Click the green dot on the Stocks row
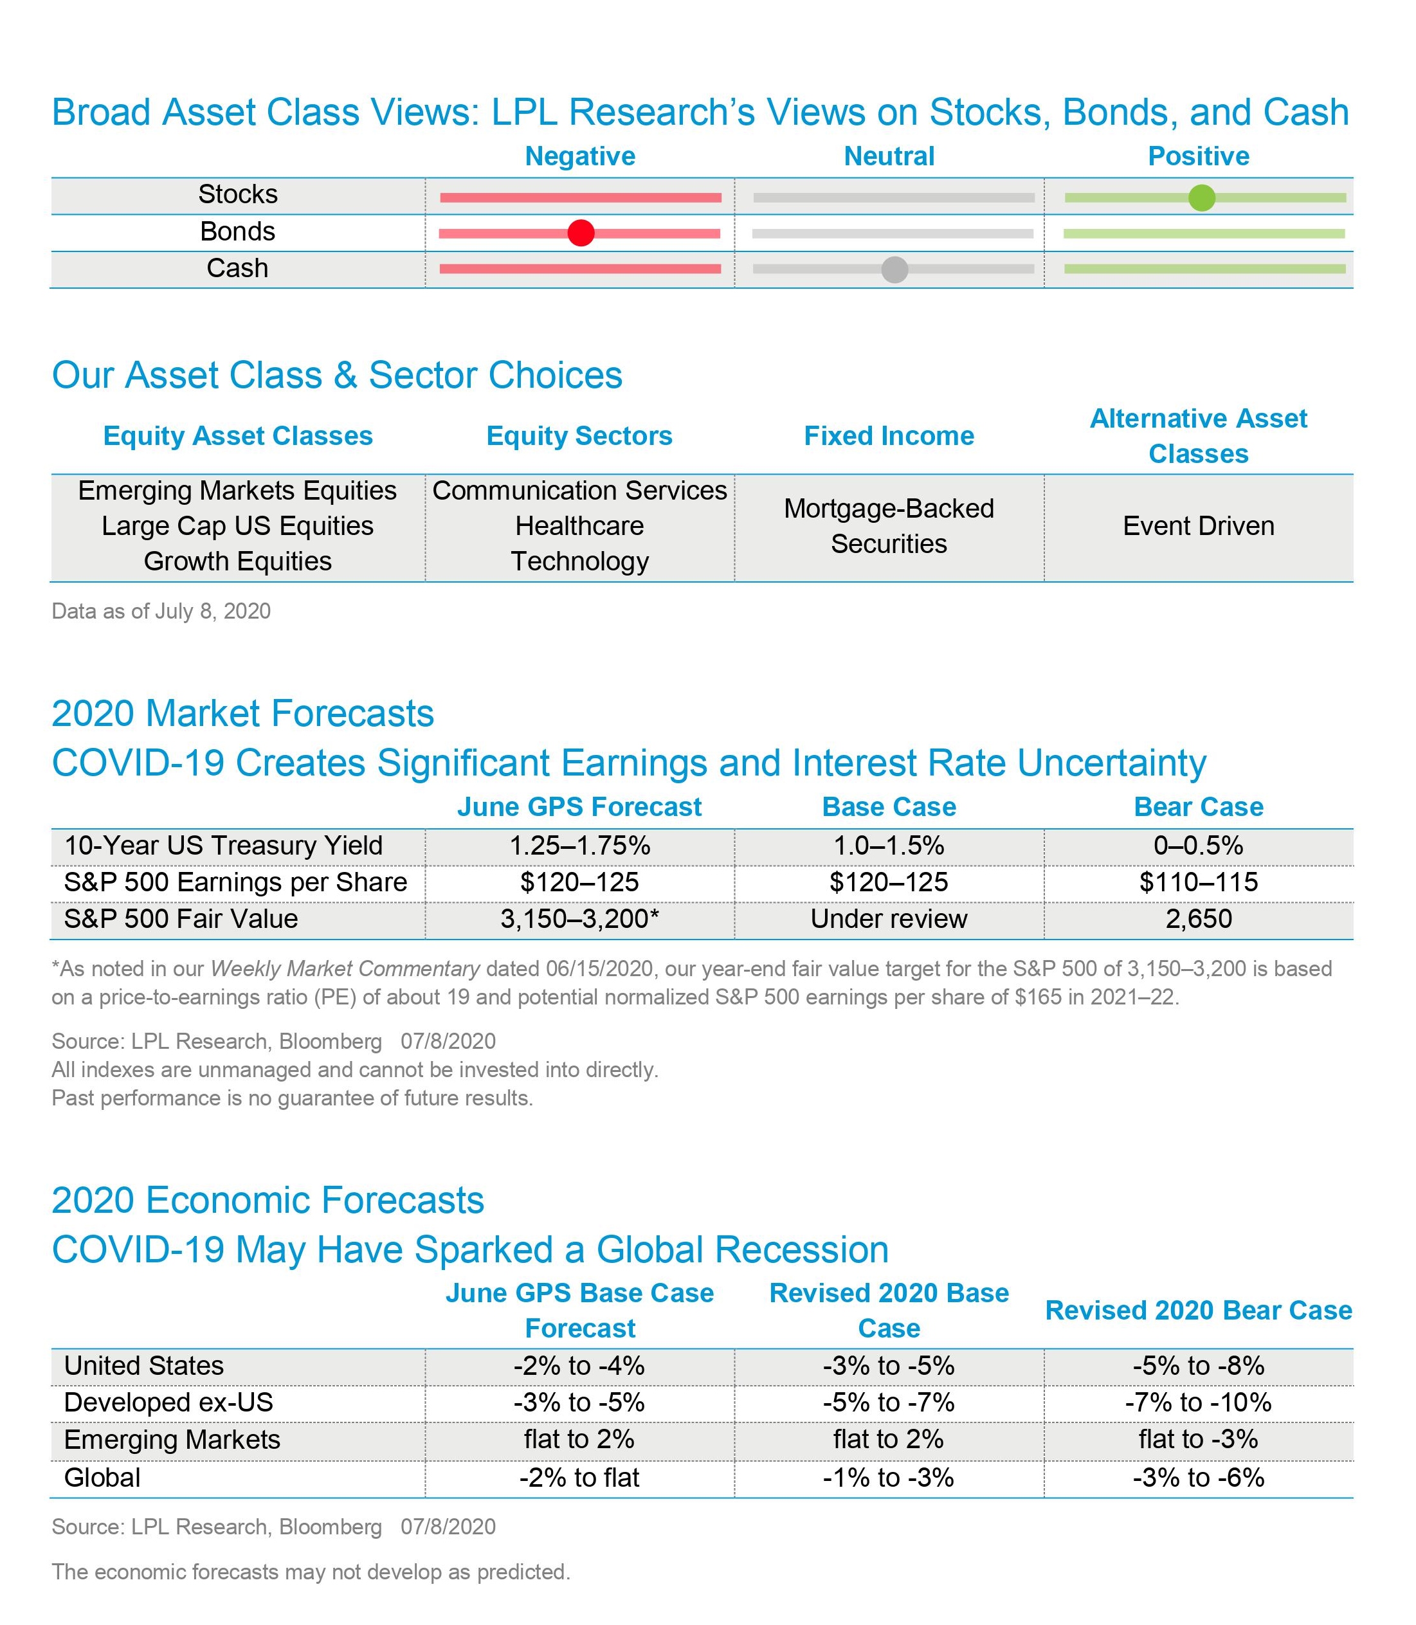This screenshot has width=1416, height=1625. click(1201, 197)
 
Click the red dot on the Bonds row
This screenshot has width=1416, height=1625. click(581, 233)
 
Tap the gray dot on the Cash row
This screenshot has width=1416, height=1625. click(894, 269)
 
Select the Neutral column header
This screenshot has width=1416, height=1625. click(889, 156)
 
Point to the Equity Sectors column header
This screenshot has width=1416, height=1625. click(579, 436)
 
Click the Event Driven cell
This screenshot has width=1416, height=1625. click(1198, 526)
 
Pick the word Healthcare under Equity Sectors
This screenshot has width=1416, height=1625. click(579, 526)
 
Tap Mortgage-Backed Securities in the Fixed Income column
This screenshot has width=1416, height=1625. click(889, 526)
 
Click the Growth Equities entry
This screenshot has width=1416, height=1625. click(238, 561)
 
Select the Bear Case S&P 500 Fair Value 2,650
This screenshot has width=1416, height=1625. click(1198, 919)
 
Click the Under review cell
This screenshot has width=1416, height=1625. click(889, 919)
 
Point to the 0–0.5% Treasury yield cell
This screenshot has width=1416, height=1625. click(1198, 846)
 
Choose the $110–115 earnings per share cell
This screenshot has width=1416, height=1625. click(1198, 882)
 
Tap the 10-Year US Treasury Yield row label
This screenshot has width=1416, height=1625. click(224, 846)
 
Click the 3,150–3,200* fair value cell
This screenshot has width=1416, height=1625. click(579, 919)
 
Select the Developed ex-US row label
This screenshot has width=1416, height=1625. click(168, 1403)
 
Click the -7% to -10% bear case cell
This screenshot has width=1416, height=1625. click(1198, 1403)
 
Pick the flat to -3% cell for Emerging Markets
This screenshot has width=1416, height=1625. click(1198, 1439)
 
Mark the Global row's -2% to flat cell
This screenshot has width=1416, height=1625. click(579, 1477)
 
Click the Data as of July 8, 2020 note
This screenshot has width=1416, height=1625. click(161, 612)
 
